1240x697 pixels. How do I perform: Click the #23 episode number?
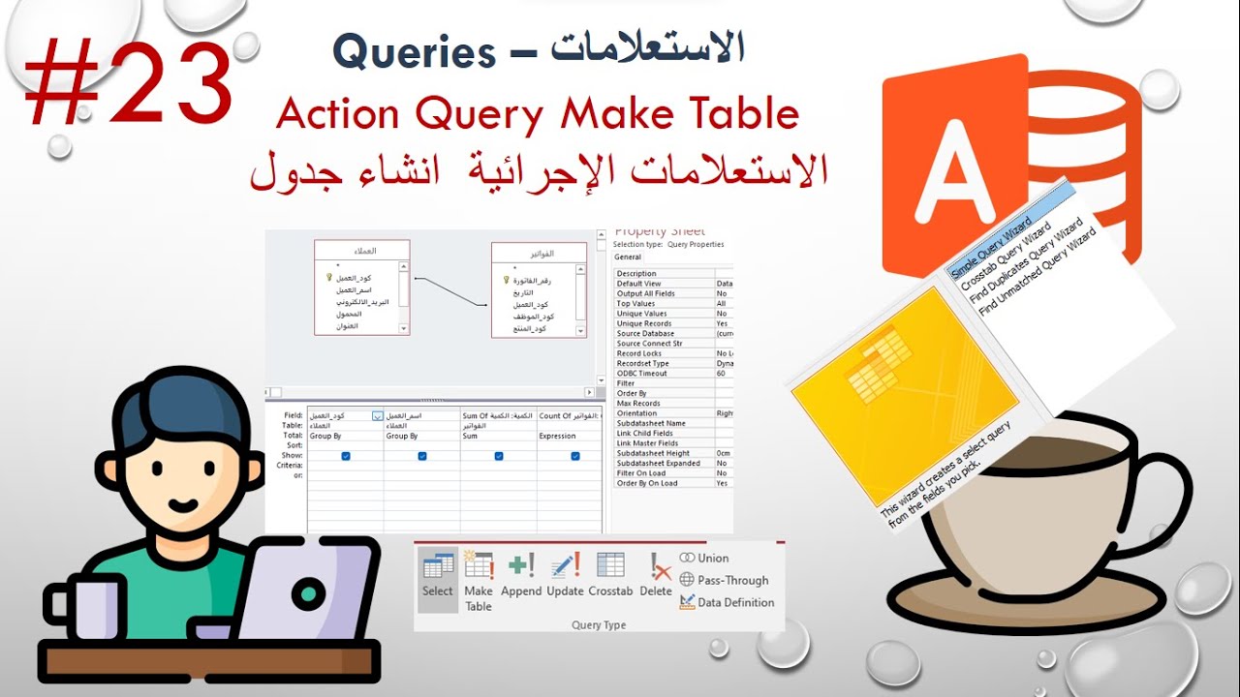pos(128,85)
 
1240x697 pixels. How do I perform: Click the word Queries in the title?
pos(414,53)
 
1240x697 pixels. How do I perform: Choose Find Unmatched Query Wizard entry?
pos(1038,272)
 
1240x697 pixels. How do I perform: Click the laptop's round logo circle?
pos(308,590)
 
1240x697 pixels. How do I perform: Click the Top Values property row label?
pos(635,304)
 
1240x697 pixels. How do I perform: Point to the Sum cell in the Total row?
pos(470,437)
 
